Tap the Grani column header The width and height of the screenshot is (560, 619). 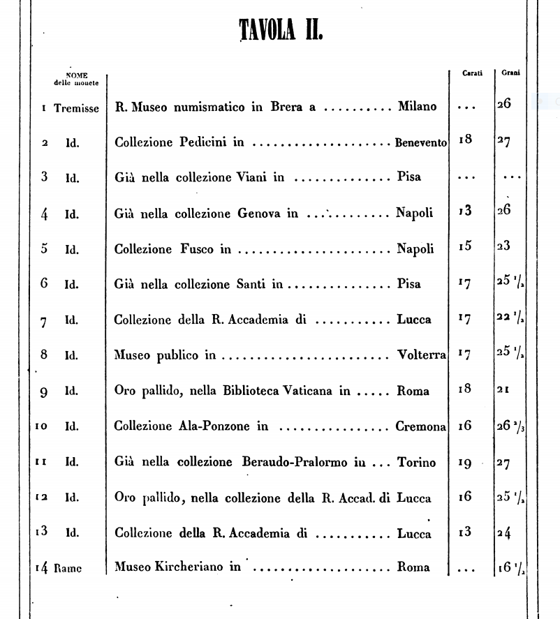(x=509, y=73)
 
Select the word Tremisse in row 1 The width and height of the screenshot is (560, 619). (x=76, y=107)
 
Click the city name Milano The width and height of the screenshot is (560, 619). (x=417, y=107)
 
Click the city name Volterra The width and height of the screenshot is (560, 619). (x=421, y=355)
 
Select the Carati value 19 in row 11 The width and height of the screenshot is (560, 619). (x=465, y=461)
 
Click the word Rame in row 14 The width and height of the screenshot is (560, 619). (x=68, y=568)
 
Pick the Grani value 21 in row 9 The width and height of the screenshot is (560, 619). (x=503, y=391)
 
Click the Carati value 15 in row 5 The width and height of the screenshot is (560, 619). (x=465, y=248)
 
